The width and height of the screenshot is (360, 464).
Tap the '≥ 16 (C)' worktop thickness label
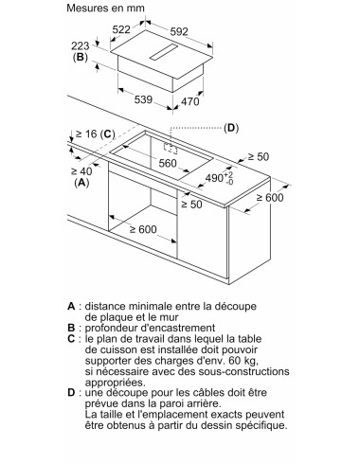94,134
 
